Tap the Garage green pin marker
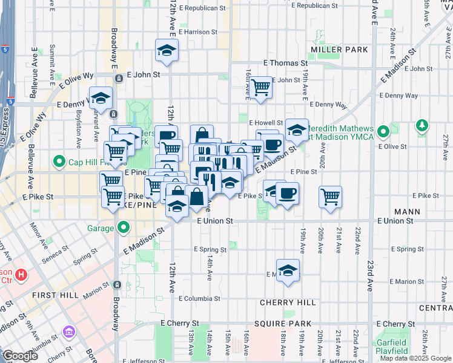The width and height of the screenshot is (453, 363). [x=124, y=228]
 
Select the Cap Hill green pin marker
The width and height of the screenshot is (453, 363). [x=59, y=162]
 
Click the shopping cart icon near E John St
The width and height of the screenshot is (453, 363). [x=261, y=87]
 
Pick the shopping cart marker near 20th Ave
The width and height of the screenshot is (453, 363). [x=330, y=195]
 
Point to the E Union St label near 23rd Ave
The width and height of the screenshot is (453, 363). [x=395, y=221]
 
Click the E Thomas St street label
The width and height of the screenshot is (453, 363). [x=285, y=63]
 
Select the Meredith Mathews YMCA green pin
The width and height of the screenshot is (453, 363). [x=383, y=131]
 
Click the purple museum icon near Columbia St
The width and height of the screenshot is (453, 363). [x=68, y=333]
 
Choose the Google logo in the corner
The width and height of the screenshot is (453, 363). [x=20, y=356]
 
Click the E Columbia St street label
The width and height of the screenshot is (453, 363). [x=199, y=298]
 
